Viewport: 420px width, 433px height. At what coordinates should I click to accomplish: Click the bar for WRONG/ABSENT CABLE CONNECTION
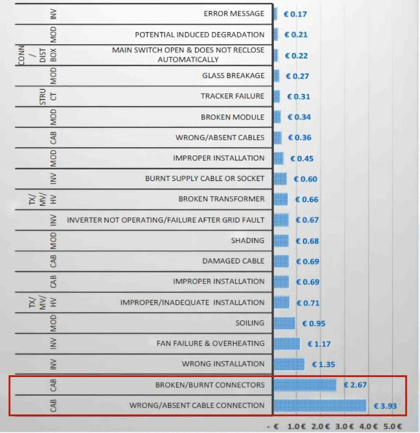tap(320, 406)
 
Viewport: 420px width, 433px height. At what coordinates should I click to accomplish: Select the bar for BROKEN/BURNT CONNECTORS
tap(305, 385)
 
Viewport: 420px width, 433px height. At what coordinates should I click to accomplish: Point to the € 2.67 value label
tap(355, 385)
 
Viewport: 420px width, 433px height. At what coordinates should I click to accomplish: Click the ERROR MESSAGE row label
tap(234, 14)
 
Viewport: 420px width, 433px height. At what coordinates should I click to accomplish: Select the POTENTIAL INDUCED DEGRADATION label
tap(200, 34)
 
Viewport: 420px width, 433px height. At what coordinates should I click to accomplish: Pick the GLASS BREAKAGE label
tap(234, 75)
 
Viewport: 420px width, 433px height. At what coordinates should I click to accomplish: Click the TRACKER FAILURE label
tap(233, 96)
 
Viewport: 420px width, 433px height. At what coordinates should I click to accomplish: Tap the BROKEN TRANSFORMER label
tap(221, 199)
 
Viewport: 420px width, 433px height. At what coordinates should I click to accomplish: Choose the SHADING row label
tap(248, 241)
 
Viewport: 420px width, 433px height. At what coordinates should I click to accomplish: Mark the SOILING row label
tap(250, 323)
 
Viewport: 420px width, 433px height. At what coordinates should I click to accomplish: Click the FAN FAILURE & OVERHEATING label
tap(210, 343)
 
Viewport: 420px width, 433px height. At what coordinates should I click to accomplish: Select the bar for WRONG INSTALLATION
tap(289, 364)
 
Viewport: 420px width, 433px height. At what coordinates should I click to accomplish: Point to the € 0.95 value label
tap(314, 324)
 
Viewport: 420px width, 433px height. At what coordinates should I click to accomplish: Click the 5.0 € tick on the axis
tap(392, 426)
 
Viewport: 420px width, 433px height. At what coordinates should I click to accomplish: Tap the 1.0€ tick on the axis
tap(297, 426)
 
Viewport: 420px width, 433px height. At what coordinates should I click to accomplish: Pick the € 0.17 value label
tap(295, 14)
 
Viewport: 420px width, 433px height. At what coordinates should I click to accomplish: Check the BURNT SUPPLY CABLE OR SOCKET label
tap(205, 179)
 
